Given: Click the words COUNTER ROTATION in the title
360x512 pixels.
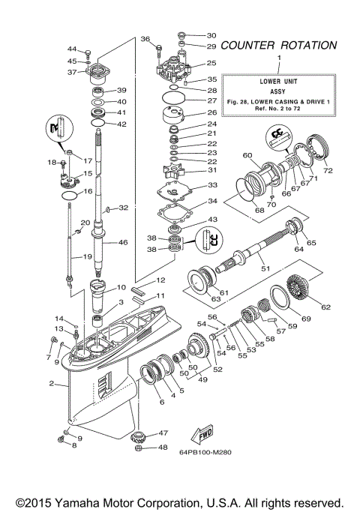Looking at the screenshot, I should pyautogui.click(x=278, y=45).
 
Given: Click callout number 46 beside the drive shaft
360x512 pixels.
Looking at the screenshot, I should pyautogui.click(x=123, y=243).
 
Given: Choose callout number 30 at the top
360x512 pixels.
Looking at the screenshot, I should pyautogui.click(x=211, y=35).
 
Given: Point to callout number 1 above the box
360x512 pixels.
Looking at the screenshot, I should pyautogui.click(x=279, y=58).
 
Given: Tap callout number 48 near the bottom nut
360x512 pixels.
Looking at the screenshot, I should pyautogui.click(x=162, y=448).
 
